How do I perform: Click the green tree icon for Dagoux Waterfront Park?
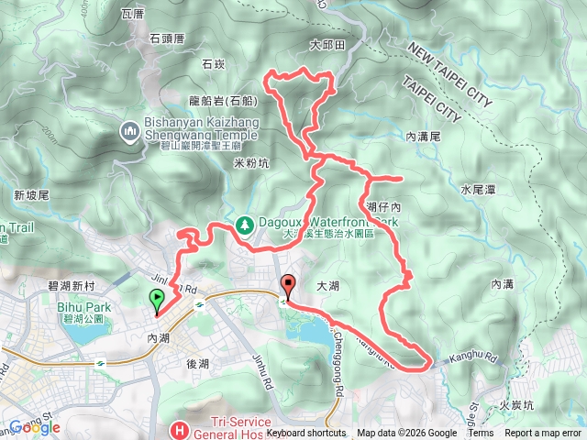(245, 223)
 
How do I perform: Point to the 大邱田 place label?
(326, 44)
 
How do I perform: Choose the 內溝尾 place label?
(424, 136)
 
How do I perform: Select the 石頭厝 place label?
(167, 38)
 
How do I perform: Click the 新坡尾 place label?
(31, 194)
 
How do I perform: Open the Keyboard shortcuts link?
(306, 434)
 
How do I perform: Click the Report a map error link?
(543, 434)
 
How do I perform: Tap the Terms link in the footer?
(481, 434)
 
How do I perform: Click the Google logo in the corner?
(34, 427)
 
